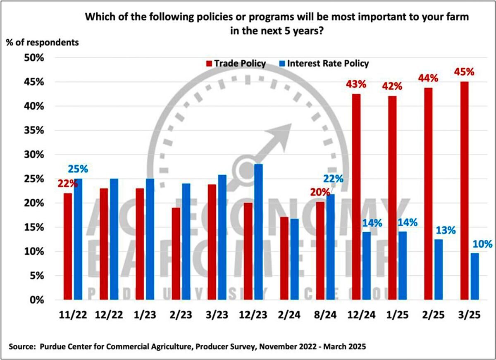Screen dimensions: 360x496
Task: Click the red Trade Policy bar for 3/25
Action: click(465, 191)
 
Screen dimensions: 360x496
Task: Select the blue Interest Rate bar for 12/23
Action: click(259, 232)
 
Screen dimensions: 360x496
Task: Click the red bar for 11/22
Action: click(67, 246)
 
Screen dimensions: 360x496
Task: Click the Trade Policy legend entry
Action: click(236, 64)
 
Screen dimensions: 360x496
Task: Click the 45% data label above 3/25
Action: click(465, 72)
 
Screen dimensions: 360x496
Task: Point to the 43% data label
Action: click(356, 84)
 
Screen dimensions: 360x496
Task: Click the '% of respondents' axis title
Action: click(42, 42)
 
